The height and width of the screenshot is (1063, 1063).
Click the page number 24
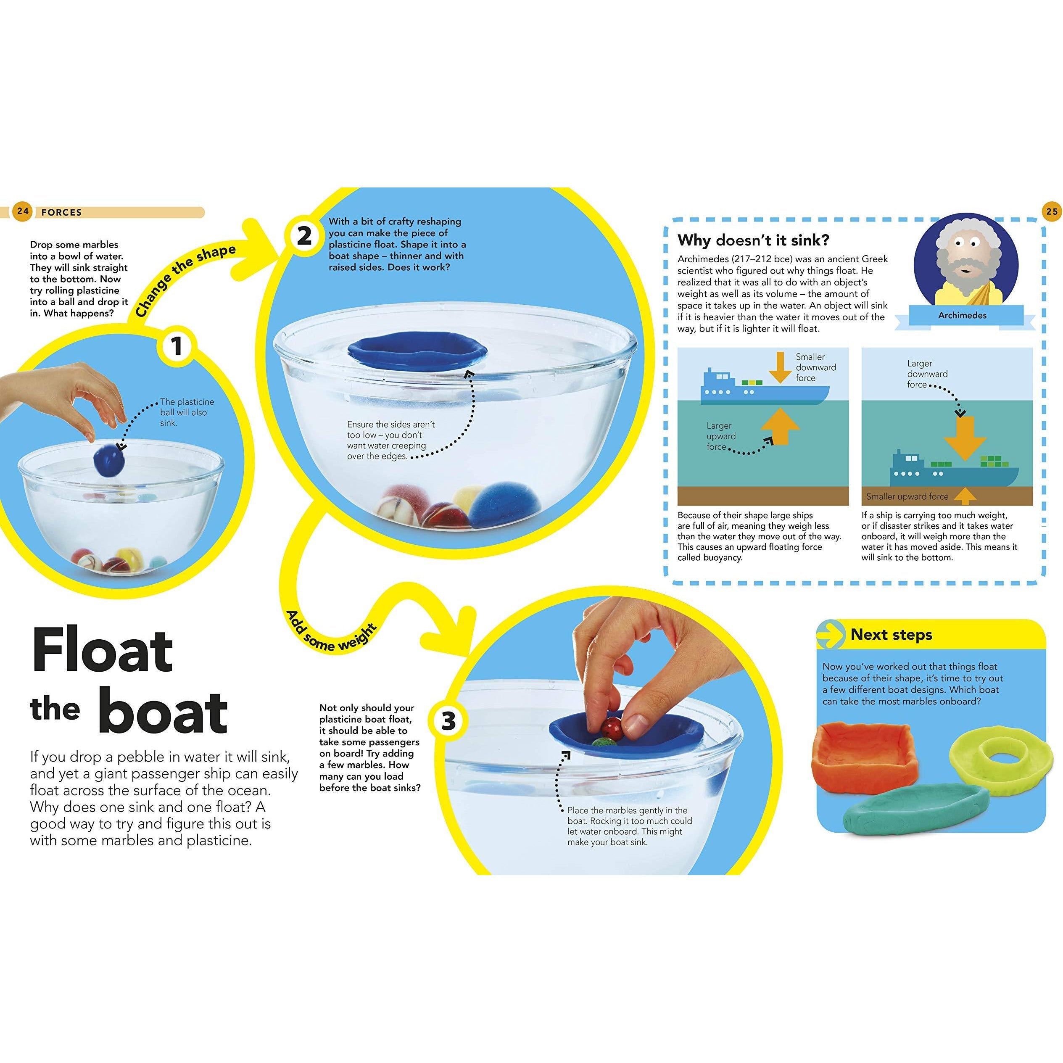[x=22, y=212]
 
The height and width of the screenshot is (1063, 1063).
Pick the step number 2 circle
[x=304, y=237]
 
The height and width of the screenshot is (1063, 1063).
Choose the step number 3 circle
[x=448, y=721]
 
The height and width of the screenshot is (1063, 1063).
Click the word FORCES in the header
[x=62, y=212]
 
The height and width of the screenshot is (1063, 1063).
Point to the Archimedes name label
[x=962, y=315]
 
